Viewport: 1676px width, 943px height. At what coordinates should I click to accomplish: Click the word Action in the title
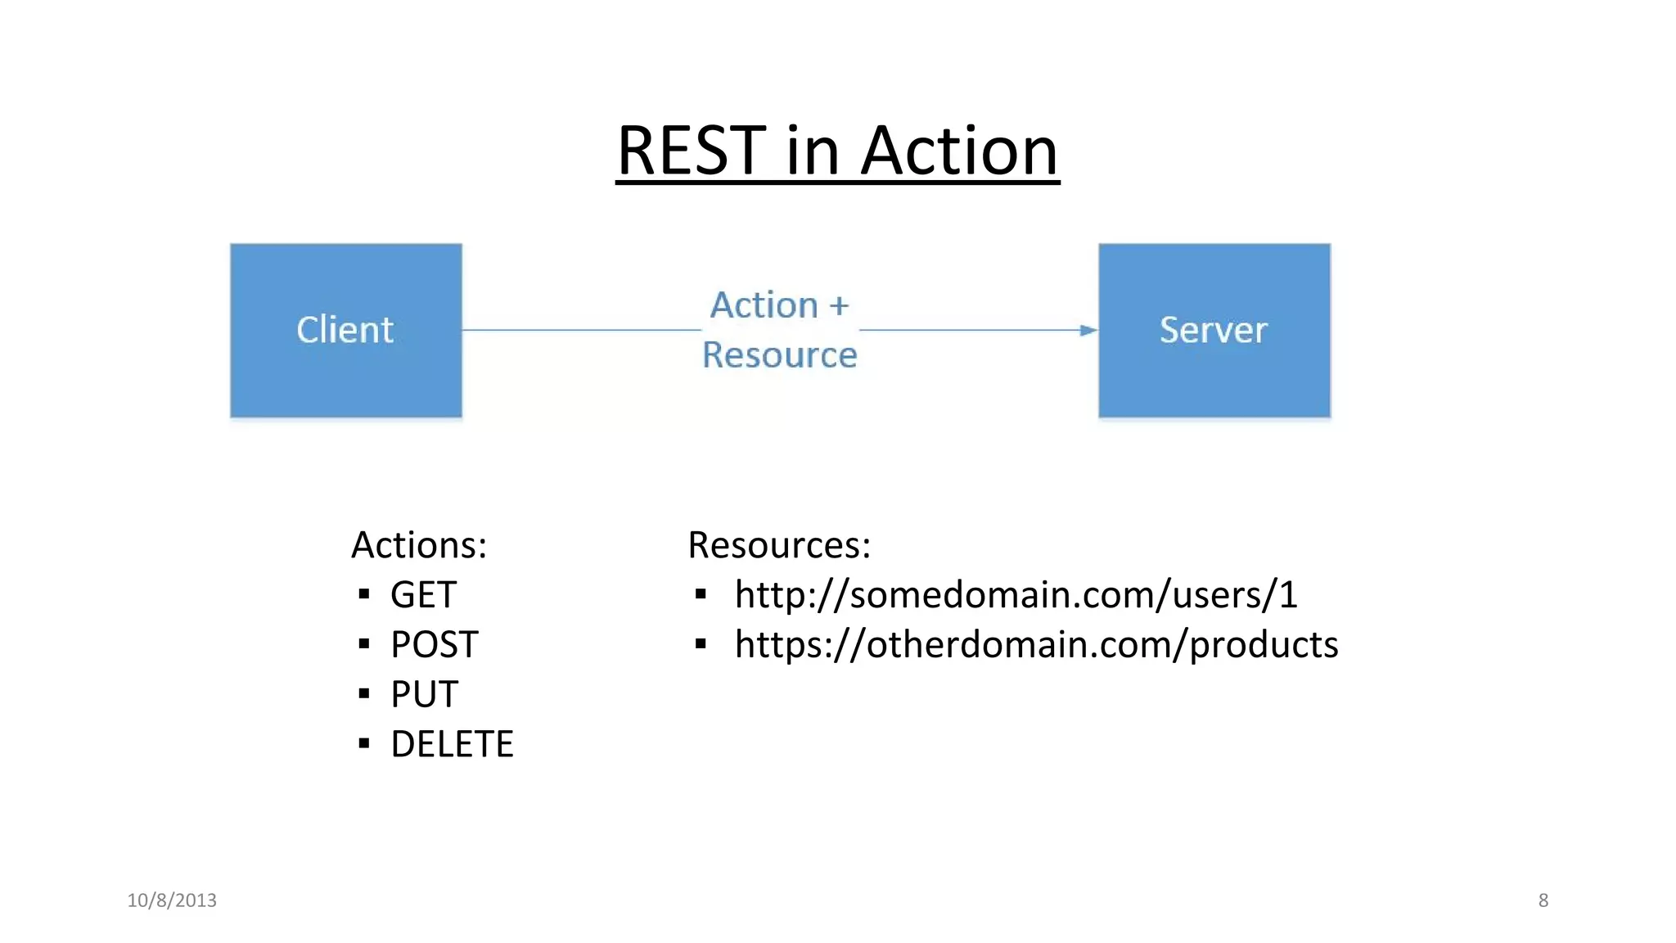[960, 151]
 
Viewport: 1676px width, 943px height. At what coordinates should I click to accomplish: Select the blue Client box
[345, 330]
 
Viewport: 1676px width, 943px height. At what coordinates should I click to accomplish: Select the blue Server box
[1214, 330]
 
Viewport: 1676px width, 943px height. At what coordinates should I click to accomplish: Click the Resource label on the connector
[779, 355]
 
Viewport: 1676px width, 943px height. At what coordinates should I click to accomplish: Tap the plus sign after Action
[839, 305]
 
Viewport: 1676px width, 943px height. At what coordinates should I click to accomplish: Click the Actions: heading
[419, 545]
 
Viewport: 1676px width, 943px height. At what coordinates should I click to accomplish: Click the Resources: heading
[779, 545]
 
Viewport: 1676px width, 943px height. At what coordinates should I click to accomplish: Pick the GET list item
[423, 595]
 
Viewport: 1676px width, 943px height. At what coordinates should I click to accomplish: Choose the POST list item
[434, 645]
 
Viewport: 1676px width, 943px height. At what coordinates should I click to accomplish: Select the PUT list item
[424, 695]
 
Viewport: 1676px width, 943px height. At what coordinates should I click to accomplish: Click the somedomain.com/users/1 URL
[1016, 595]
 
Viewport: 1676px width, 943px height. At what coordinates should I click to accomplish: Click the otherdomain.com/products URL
[1036, 645]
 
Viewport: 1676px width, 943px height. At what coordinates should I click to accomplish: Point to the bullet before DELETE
[364, 743]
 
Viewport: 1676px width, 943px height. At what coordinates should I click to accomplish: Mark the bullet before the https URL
[701, 644]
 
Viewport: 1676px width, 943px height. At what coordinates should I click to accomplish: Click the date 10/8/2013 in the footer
[172, 900]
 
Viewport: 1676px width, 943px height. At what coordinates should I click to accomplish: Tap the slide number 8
[1543, 900]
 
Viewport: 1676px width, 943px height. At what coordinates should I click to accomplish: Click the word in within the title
[812, 151]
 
